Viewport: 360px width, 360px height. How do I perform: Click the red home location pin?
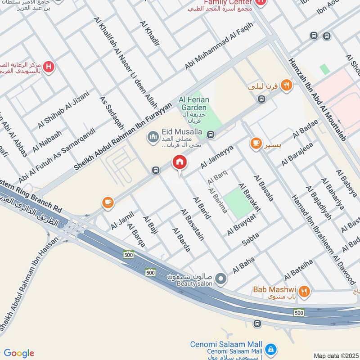180,163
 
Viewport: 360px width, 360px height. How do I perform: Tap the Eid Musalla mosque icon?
153,135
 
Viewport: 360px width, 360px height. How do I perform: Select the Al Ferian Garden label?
193,104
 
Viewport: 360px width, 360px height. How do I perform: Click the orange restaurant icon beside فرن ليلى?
286,85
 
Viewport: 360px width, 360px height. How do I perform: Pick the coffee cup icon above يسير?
256,143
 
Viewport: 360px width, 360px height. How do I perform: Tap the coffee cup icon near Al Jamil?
108,202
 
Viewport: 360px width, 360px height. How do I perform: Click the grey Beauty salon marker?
220,279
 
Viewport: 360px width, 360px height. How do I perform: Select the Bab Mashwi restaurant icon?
305,292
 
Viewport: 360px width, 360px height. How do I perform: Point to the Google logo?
19,353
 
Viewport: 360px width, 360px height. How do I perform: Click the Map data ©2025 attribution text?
335,355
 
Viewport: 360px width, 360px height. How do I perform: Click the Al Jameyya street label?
217,157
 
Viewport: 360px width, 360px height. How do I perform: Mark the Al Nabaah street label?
47,142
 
